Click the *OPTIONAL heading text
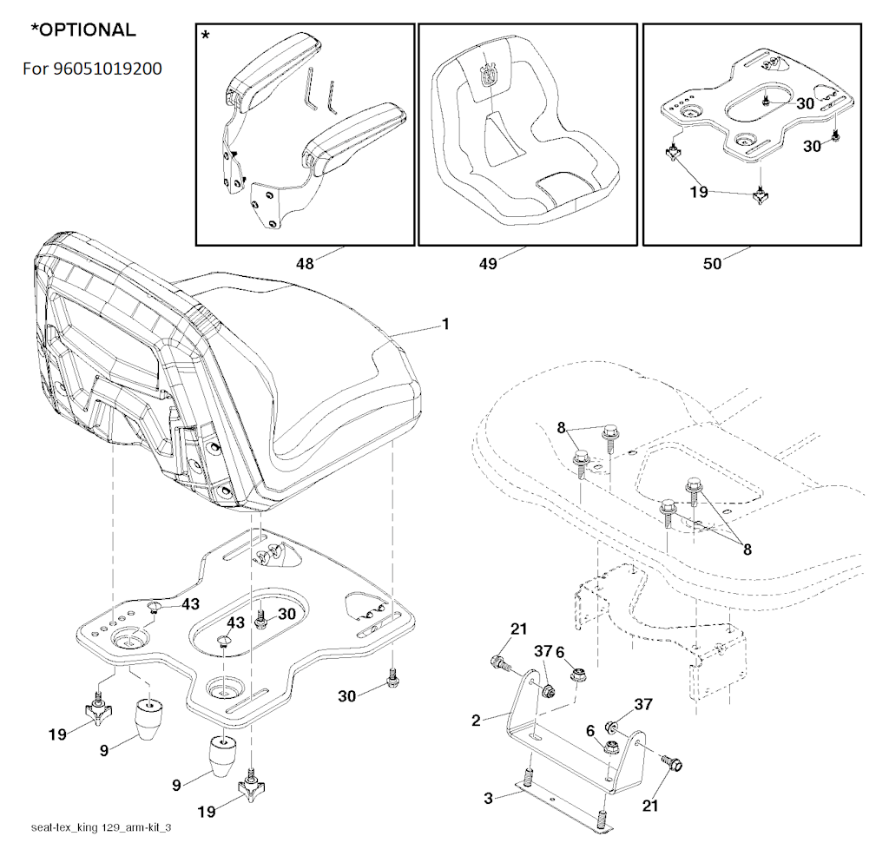pyautogui.click(x=83, y=30)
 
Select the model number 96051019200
pyautogui.click(x=108, y=69)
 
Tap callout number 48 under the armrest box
pyautogui.click(x=305, y=264)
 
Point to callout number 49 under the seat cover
pyautogui.click(x=488, y=264)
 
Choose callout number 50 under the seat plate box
pyautogui.click(x=712, y=264)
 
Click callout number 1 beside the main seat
pyautogui.click(x=445, y=324)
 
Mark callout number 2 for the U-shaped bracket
pyautogui.click(x=476, y=721)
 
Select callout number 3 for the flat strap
pyautogui.click(x=488, y=798)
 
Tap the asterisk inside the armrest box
pyautogui.click(x=205, y=36)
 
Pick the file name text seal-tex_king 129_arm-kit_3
pyautogui.click(x=101, y=827)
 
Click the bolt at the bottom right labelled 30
pyautogui.click(x=392, y=678)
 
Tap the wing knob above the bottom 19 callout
pyautogui.click(x=251, y=783)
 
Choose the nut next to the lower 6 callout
pyautogui.click(x=611, y=747)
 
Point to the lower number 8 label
pyautogui.click(x=747, y=549)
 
